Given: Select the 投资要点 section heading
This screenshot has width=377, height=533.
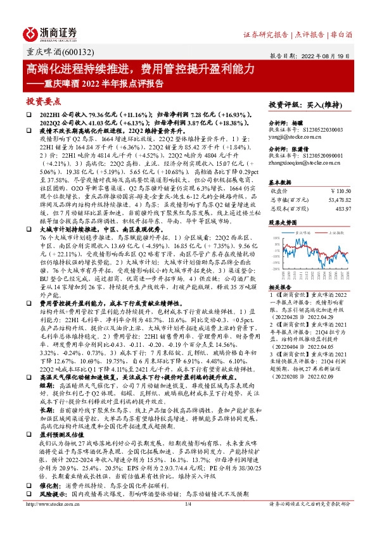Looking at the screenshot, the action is (44, 100).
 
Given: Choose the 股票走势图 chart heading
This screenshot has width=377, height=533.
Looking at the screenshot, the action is (283, 223).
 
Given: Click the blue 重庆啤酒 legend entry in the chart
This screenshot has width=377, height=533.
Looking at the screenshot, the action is (305, 232).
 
